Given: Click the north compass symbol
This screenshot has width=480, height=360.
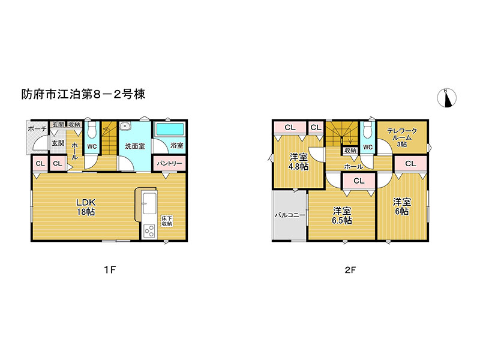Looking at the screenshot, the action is click(x=446, y=98).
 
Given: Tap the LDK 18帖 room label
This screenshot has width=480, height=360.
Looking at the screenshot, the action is click(x=86, y=207).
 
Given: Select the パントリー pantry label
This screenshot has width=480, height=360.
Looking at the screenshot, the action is click(x=169, y=163).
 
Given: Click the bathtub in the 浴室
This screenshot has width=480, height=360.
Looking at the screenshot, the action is click(x=170, y=129).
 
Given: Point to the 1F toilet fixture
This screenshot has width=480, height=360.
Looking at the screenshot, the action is click(x=92, y=130).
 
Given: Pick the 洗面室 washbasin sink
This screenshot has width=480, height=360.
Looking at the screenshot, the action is click(x=125, y=126).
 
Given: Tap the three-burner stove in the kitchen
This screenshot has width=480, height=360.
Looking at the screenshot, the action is click(x=149, y=230).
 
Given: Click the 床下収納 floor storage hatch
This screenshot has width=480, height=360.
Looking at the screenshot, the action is click(x=167, y=221).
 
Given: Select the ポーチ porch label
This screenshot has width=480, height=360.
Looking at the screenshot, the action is click(x=37, y=128).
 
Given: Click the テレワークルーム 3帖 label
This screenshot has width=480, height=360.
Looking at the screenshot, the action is click(x=402, y=137).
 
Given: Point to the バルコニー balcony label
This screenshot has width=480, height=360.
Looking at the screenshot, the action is click(x=290, y=215).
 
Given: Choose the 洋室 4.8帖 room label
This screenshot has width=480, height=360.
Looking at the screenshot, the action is click(x=298, y=162).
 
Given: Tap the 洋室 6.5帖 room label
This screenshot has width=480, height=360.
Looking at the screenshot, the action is click(x=342, y=215).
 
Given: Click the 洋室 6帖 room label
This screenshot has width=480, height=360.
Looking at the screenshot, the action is click(x=402, y=206).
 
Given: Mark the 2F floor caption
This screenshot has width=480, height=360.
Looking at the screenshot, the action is click(x=350, y=270).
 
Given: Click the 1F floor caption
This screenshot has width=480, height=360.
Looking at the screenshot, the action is click(x=110, y=270).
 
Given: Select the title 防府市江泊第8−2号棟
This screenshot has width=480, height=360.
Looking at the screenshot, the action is click(x=83, y=94).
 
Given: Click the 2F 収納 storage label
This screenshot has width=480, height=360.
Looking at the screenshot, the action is click(x=350, y=151).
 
